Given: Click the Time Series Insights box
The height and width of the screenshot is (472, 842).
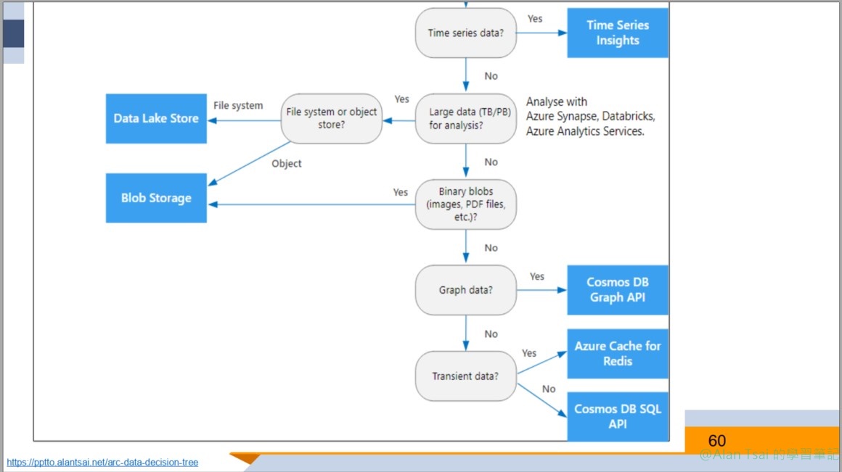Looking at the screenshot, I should click(618, 33).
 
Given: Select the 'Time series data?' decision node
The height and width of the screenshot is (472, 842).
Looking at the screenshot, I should click(465, 33).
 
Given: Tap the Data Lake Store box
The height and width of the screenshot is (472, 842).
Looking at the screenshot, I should click(156, 118).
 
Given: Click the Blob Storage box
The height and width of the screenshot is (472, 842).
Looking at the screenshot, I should click(156, 198).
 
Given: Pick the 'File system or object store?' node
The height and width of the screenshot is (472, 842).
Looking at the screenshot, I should click(332, 118).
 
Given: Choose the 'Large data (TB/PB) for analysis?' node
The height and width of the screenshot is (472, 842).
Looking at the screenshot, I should click(465, 118).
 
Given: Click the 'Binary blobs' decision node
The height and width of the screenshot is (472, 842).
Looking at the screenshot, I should click(465, 204).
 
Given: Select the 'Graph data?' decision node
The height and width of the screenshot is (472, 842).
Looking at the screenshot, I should click(465, 290).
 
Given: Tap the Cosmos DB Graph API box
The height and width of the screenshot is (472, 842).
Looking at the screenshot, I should click(618, 290).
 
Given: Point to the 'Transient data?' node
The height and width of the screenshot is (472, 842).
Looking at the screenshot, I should click(465, 376).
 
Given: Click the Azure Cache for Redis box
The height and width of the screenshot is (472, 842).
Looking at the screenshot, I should click(618, 353).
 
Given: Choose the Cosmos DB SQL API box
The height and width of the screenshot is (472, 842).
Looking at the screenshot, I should click(618, 416).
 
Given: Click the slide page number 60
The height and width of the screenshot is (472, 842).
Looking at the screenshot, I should click(716, 441).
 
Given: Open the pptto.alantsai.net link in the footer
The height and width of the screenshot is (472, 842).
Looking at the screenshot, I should click(102, 463).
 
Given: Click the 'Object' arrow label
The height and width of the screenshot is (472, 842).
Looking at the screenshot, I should click(287, 164).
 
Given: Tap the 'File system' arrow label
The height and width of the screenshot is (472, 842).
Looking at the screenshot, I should click(238, 106).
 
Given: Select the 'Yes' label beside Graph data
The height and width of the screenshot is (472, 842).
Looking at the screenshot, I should click(537, 276).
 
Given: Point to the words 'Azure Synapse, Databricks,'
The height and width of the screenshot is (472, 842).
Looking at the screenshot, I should click(590, 117).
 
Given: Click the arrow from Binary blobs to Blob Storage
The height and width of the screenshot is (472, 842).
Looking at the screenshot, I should click(312, 204).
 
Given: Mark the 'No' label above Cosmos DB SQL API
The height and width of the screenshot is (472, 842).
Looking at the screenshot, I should click(549, 389).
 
